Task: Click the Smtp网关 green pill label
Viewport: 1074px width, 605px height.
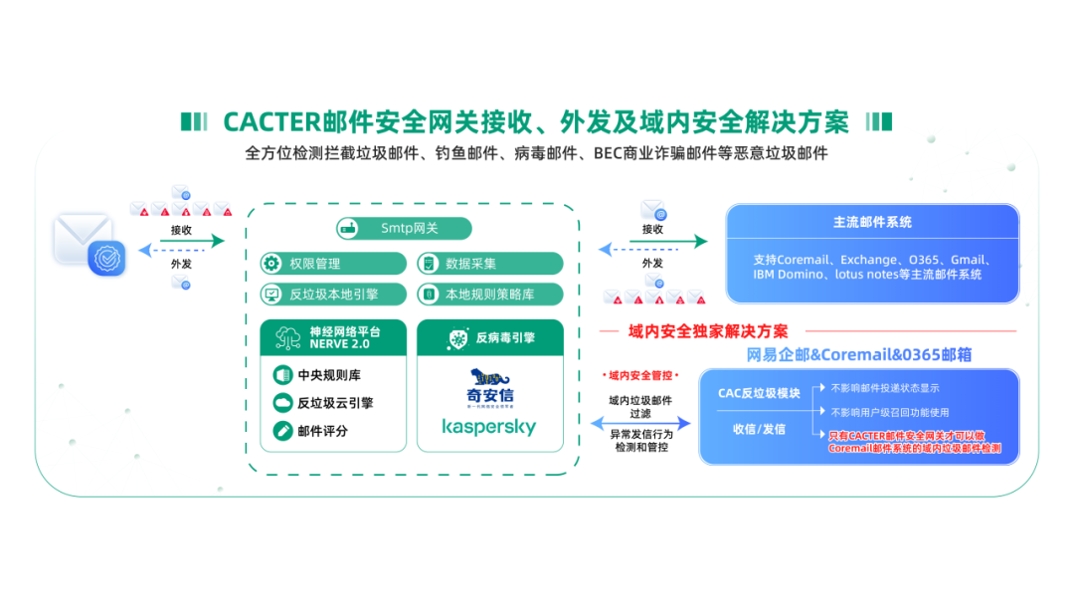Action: click(404, 228)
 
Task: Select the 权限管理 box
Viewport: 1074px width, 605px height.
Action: click(332, 264)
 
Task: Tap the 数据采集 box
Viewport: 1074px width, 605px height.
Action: click(489, 264)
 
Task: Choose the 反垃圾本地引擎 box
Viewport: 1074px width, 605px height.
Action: click(332, 295)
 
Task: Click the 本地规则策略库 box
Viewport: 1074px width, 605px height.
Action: click(489, 295)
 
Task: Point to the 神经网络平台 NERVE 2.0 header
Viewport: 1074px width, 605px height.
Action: click(332, 337)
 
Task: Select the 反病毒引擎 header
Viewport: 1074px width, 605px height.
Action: click(489, 337)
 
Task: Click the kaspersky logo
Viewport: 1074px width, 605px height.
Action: click(488, 427)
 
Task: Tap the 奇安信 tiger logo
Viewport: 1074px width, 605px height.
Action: click(488, 384)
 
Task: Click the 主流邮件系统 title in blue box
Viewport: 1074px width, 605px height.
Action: click(872, 222)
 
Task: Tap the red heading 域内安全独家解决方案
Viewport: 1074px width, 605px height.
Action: click(708, 331)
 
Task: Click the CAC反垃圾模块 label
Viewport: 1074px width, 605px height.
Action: click(759, 393)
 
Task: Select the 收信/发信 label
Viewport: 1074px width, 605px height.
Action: click(759, 429)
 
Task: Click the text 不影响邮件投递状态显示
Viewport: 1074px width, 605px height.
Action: click(885, 388)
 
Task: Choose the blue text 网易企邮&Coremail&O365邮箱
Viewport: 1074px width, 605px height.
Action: click(859, 354)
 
